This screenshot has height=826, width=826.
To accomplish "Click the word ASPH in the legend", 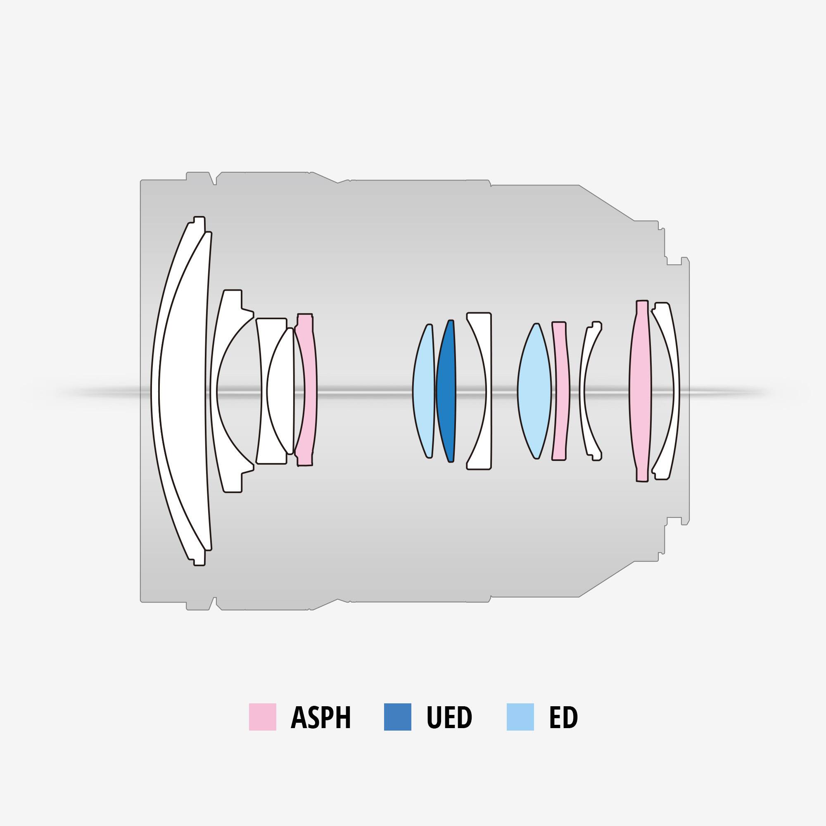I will point(320,717).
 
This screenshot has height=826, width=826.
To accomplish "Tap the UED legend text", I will point(449,717).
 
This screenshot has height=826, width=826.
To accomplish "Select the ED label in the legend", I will point(563,717).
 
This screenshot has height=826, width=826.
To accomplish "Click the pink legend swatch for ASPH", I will point(263,717).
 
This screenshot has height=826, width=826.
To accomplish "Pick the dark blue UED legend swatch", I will point(398,717).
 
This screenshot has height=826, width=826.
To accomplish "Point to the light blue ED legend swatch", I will point(520,717).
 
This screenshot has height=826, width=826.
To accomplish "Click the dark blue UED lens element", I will point(446,391).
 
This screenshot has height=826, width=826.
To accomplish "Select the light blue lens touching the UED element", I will point(423,391).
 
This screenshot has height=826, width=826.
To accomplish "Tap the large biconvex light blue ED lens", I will point(534,391).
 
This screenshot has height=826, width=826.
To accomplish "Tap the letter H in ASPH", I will point(342,717).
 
